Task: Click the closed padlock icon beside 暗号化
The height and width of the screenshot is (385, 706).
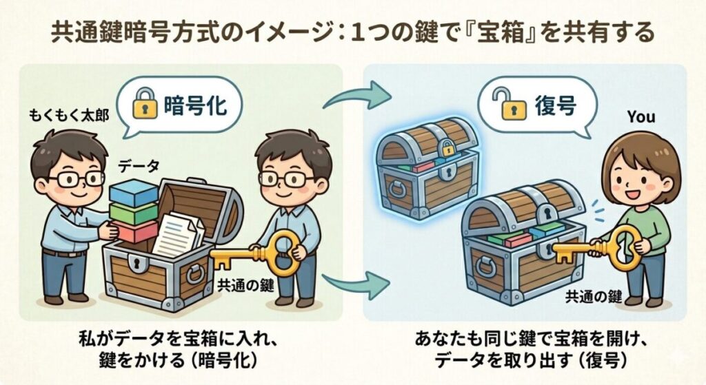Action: [145, 104]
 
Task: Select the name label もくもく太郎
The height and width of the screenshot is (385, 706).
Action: [69, 116]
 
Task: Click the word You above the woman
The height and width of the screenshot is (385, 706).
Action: [641, 117]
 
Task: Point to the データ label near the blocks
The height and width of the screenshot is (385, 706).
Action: [139, 167]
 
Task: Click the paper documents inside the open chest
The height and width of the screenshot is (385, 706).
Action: [178, 234]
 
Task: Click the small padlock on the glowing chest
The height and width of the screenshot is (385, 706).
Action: [447, 147]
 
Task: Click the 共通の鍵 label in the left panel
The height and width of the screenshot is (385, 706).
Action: [245, 285]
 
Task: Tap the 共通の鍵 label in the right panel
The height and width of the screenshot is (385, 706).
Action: [594, 296]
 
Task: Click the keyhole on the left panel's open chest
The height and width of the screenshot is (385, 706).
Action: [134, 263]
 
